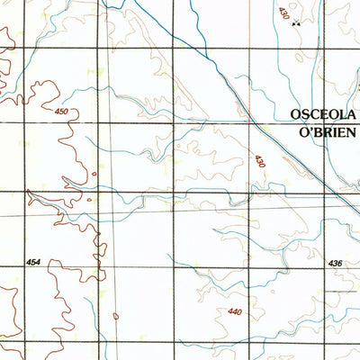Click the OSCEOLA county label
tap(323, 115)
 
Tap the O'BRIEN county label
tap(323, 130)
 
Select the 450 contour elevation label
tap(61, 111)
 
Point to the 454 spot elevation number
tap(33, 262)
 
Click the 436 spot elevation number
tap(336, 263)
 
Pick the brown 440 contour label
tap(236, 311)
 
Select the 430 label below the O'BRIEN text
tap(260, 160)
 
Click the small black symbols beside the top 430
tap(296, 23)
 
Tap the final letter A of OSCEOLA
tap(353, 115)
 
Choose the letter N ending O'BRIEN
tap(352, 130)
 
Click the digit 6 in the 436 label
tap(341, 263)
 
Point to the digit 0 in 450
tap(66, 111)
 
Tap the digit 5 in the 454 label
tap(33, 262)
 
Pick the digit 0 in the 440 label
tap(240, 311)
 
